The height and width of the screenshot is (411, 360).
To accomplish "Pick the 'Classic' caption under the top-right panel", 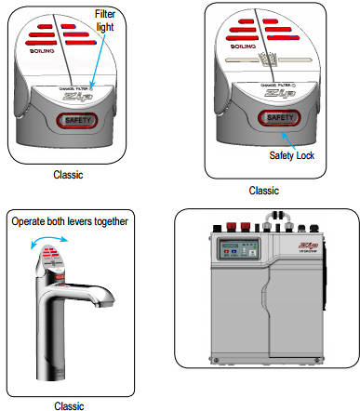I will point(264,190).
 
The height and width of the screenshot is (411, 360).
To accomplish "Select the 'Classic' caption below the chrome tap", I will point(68,404).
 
